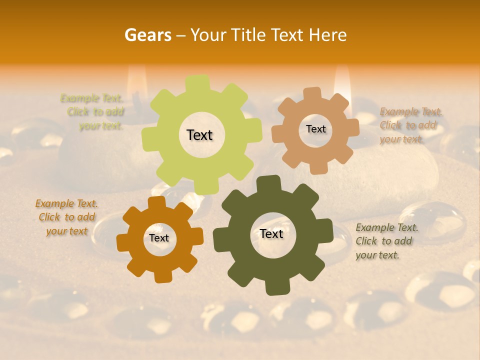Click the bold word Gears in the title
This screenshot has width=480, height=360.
coord(147,35)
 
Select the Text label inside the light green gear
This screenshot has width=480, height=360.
coord(199,135)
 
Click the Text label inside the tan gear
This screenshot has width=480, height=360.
coord(315,129)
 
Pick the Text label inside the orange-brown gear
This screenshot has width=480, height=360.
coord(159,238)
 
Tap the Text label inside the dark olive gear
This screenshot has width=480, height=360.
coord(271,233)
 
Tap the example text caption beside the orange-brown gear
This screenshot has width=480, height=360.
coord(66,217)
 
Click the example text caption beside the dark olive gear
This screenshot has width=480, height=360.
coord(386,241)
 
